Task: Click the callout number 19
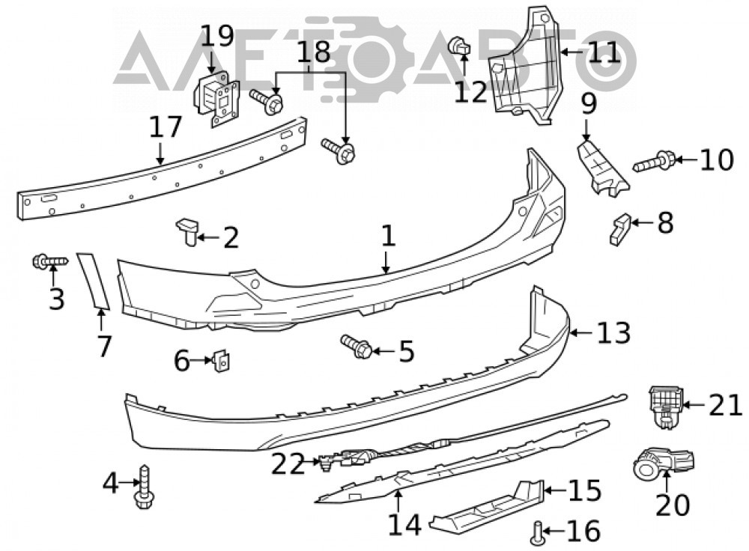point(217,36)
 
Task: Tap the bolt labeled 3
point(51,261)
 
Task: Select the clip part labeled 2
point(188,231)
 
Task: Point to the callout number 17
point(166,127)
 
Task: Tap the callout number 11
point(604,52)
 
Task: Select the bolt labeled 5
point(357,346)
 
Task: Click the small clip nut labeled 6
point(220,360)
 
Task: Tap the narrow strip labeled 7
point(93,281)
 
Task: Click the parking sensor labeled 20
point(663,462)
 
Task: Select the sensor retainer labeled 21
point(665,407)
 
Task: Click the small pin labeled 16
point(537,533)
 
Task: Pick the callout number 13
point(614,332)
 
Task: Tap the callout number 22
point(288,463)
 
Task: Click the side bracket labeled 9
point(602,167)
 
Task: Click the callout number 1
point(388,237)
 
